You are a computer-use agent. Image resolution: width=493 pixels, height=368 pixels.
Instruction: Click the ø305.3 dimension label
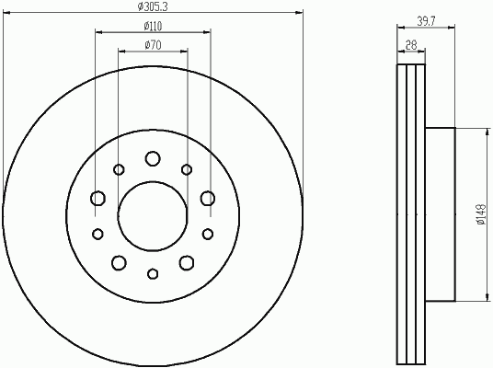pos(153,6)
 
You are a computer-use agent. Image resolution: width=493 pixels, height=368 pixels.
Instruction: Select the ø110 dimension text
pos(153,27)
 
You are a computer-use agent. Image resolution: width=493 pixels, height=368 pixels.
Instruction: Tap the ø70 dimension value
pos(153,45)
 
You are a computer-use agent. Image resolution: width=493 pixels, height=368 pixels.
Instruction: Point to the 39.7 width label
pos(427,21)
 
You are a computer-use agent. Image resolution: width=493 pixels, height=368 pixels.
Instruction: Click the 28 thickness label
pos(411,45)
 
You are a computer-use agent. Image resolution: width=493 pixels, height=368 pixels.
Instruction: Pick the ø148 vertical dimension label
pos(481,214)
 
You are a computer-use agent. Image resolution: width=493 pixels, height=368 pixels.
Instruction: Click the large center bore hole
pos(153,216)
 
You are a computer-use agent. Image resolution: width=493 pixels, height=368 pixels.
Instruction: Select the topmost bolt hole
pos(153,158)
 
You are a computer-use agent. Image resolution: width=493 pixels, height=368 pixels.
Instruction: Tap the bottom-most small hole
pos(153,273)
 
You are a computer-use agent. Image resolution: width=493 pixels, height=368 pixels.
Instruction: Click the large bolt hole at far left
pos(97,199)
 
